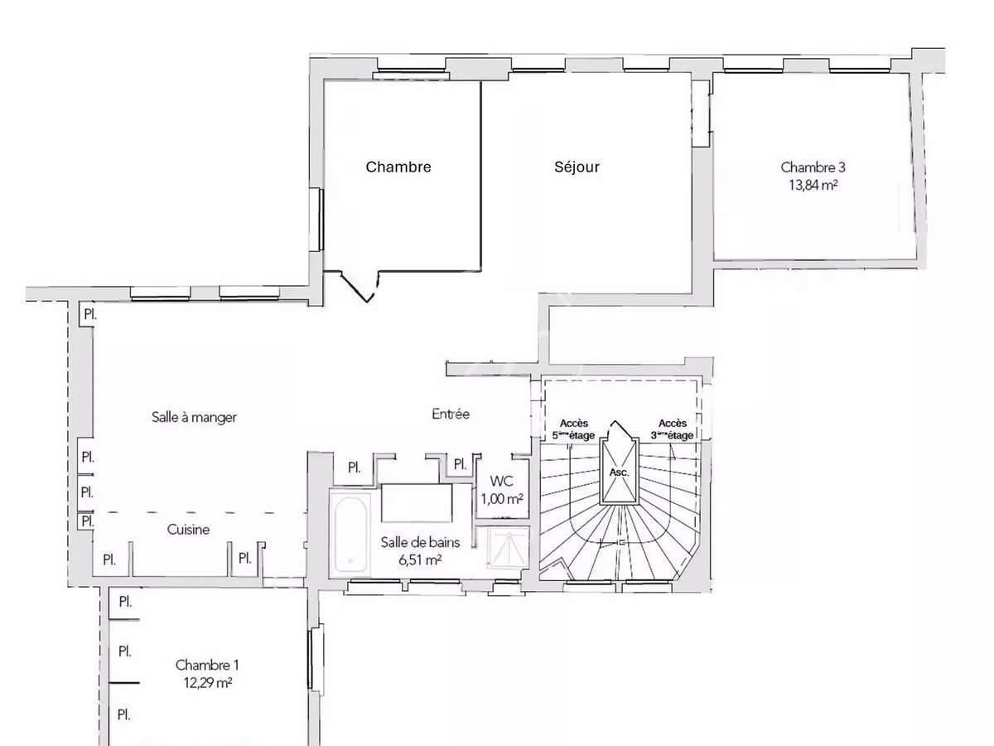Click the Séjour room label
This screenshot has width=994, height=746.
(577, 167)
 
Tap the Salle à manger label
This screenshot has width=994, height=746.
(194, 417)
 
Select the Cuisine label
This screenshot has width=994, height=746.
(188, 530)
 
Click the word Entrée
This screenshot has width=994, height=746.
(451, 414)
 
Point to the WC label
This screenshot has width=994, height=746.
(501, 482)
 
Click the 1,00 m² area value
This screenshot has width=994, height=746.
(501, 499)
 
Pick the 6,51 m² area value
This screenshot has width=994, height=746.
(419, 559)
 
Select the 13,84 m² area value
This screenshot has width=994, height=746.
(813, 185)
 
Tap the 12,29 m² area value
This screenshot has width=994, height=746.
(207, 683)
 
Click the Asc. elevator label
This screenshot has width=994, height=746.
(619, 472)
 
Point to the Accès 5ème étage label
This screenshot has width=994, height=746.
(573, 429)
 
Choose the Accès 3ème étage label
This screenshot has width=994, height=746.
(671, 429)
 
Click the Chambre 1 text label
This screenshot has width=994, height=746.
(207, 665)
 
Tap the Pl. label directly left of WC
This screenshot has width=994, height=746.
(458, 464)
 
